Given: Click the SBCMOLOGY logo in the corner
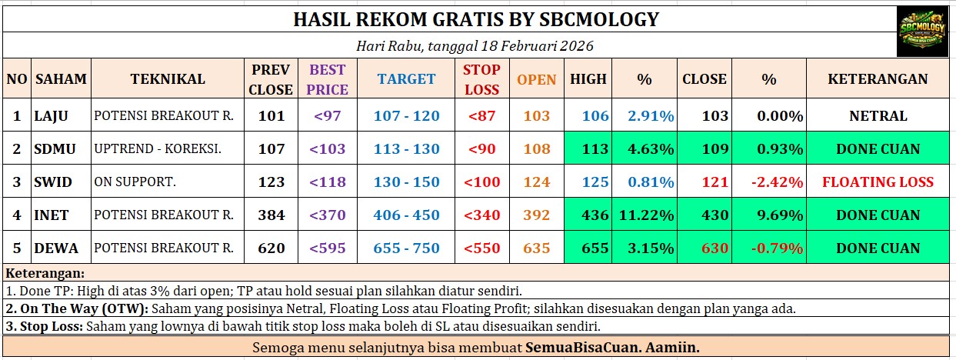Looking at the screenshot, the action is [922, 32].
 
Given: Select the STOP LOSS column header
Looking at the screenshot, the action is [481, 79].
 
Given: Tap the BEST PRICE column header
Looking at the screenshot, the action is [328, 79].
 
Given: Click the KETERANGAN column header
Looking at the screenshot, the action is [878, 79].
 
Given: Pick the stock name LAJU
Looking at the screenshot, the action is [51, 115].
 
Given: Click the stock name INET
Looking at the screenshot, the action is [52, 215].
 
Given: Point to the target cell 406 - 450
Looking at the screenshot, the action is [406, 215].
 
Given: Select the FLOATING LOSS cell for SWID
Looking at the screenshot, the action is [878, 182].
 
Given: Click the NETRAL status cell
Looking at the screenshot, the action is [878, 115].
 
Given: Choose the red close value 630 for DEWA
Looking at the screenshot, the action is [715, 248].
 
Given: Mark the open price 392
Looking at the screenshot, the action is [537, 215].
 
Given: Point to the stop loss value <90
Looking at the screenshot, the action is [481, 149].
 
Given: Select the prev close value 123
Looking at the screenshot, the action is [271, 182].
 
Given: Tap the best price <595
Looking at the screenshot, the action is [328, 248].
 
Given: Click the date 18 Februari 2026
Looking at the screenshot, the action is [537, 45].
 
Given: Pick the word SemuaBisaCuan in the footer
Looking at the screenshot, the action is [583, 347].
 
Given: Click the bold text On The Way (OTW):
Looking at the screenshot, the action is [77, 308].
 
